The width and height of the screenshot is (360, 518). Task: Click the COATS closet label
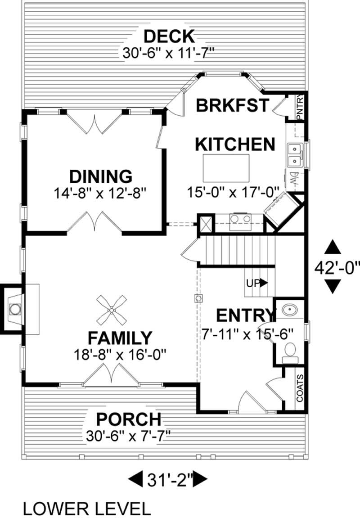[x=300, y=388]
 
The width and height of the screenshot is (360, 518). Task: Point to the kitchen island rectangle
[x=226, y=167]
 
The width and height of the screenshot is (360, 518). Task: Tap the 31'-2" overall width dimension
[x=168, y=479]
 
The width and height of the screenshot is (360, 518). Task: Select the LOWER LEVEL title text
[x=86, y=509]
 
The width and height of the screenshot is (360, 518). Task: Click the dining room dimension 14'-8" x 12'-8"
[x=101, y=194]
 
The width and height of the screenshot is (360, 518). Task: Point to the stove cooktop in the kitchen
[x=240, y=219]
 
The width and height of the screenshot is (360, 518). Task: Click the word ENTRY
[x=245, y=315]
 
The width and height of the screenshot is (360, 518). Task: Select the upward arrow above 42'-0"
[x=333, y=248]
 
